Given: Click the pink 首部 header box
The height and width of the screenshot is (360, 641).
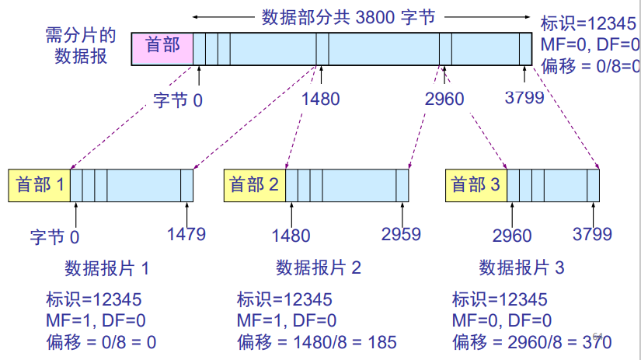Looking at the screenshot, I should point(162,47).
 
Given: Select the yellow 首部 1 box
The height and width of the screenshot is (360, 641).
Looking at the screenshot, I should point(40,185).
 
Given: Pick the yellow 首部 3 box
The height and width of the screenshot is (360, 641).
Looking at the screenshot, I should point(476,185).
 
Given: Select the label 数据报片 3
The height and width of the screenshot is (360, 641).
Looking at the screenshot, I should point(521,268).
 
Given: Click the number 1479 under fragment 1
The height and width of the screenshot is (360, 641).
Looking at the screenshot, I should point(186,233).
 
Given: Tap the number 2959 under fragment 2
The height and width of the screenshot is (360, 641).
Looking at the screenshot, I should point(402,233).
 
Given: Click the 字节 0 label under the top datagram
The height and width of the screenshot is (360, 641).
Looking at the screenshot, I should point(178,101).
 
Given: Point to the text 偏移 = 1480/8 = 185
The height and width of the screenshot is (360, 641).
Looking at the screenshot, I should point(316,341).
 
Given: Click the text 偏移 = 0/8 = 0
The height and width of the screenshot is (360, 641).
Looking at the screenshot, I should point(101,341).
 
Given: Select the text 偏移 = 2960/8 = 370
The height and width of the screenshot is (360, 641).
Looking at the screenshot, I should point(531,341).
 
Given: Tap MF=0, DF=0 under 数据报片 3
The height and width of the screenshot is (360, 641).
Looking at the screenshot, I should point(501,320).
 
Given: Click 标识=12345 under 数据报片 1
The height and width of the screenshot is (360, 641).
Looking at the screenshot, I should point(93,299).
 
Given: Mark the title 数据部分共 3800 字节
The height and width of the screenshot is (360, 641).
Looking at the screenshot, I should point(361,16).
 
